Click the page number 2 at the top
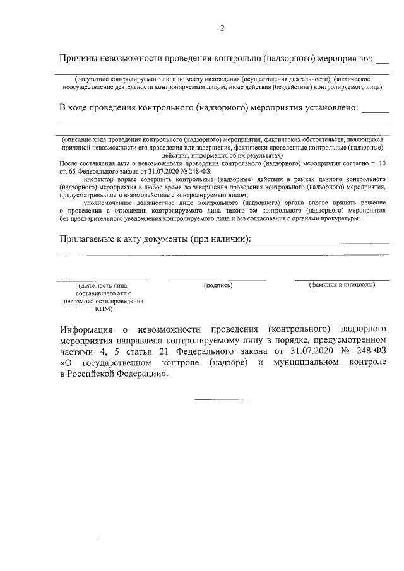click(x=222, y=28)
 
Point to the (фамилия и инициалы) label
click(x=342, y=286)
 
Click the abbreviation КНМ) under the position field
click(x=104, y=309)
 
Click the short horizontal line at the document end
click(x=223, y=399)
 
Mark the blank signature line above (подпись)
click(x=218, y=280)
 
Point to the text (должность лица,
click(x=104, y=286)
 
